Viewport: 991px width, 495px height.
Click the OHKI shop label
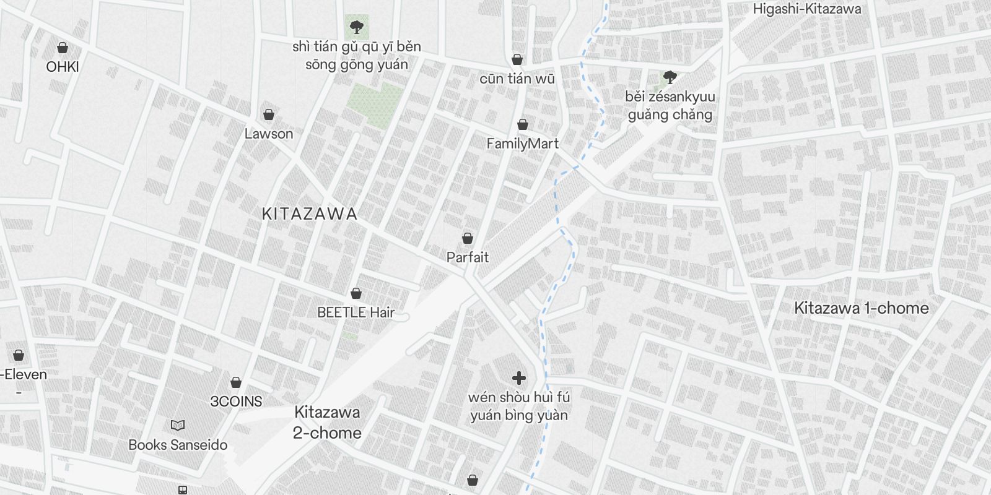63,67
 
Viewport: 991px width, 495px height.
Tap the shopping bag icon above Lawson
269,114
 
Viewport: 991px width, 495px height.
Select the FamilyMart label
522,144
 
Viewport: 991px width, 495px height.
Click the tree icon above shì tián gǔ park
356,27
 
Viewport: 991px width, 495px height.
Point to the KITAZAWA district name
310,214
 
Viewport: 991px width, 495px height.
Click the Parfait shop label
468,257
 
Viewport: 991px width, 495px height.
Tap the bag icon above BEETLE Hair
356,293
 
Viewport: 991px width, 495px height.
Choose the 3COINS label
236,402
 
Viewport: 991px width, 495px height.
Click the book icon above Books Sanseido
178,426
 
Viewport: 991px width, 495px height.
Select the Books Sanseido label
178,445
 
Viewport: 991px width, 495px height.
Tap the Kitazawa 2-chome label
327,423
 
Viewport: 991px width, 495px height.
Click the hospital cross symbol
519,377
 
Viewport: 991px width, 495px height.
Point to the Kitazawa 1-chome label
862,308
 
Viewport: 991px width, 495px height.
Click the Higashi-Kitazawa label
807,9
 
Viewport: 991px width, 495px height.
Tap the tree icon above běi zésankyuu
670,77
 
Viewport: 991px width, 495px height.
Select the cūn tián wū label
517,79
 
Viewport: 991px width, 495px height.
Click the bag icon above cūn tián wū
517,59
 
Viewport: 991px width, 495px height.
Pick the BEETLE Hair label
356,312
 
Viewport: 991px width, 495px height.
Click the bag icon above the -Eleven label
19,355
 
